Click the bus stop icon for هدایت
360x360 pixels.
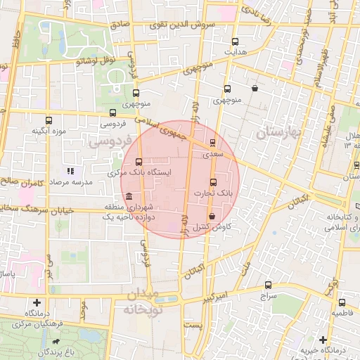point(235,41)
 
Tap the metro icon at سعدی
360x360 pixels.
point(213,143)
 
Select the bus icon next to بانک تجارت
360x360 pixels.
point(214,183)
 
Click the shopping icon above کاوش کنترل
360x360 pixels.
point(212,217)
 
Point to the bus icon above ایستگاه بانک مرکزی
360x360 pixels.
point(139,162)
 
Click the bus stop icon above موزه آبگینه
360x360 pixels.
point(49,120)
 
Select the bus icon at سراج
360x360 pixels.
point(268,285)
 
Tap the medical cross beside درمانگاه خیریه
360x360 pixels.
point(323,339)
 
